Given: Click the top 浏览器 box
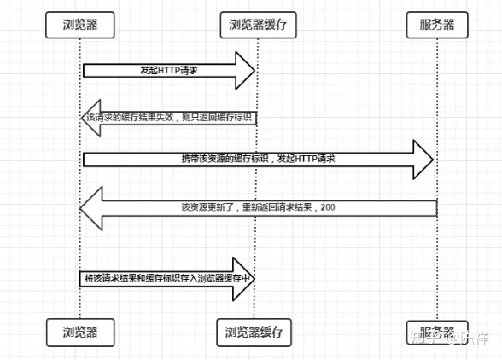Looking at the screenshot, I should coord(80,25).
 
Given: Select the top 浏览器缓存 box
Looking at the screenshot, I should coord(257,25).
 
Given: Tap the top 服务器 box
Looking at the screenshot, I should coord(436,25).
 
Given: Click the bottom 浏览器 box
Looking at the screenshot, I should coord(80,328).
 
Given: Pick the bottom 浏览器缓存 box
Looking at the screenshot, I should coord(257,328).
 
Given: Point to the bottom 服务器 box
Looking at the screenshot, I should coord(436,328).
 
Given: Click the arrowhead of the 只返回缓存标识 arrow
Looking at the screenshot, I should coord(90,116).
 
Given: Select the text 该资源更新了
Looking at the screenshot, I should coord(206,207).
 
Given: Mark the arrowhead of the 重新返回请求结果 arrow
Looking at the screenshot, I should coord(91,207).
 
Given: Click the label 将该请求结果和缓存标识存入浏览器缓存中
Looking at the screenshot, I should coord(166,279).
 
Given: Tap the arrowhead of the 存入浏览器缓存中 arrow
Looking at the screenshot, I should coord(246,279).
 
